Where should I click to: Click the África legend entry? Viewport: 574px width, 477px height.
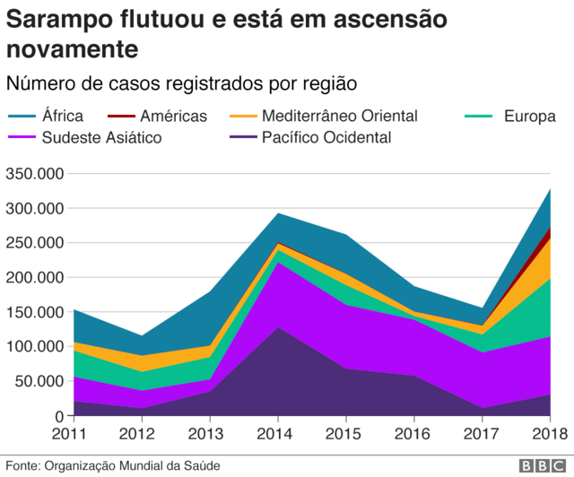pyautogui.click(x=63, y=116)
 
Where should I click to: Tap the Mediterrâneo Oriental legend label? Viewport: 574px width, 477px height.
pyautogui.click(x=339, y=116)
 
